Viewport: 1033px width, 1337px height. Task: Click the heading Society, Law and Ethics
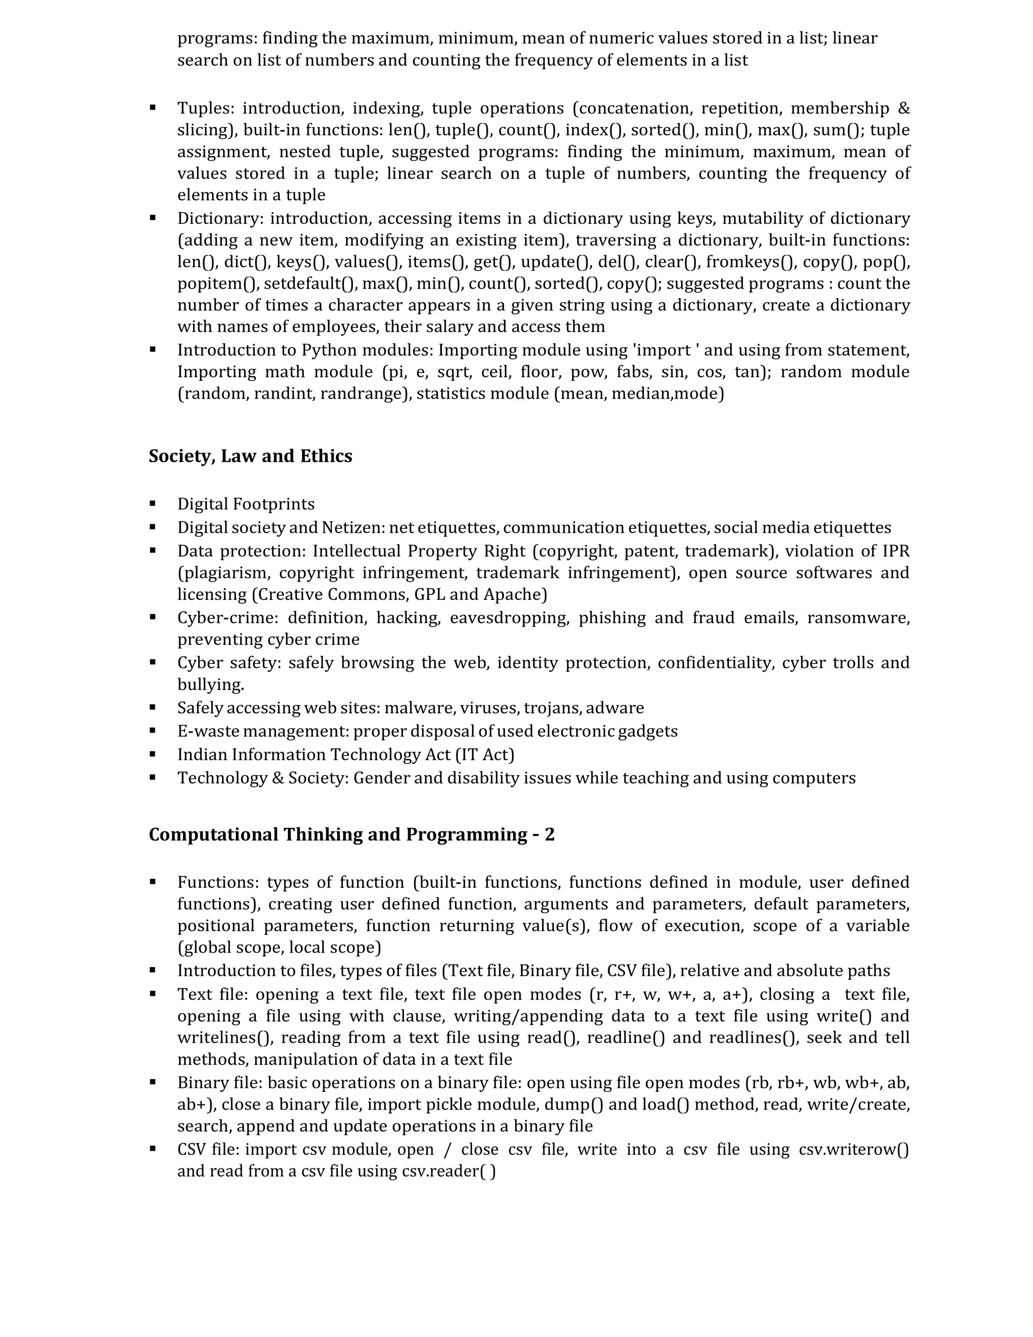coord(250,457)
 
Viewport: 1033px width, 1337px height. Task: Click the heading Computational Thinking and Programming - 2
coord(351,835)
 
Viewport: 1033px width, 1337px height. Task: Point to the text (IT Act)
coord(485,755)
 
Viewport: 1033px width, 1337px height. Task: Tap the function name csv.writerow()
coord(854,1150)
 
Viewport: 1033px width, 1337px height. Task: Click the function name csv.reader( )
coord(448,1171)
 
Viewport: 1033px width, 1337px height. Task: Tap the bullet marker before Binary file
coord(152,1082)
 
